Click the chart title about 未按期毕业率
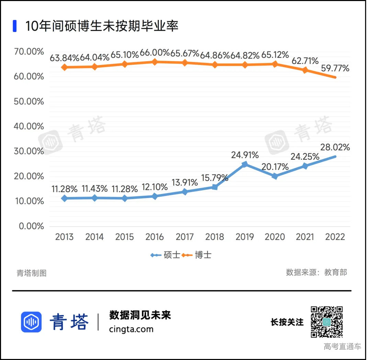[102, 26]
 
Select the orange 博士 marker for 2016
[155, 62]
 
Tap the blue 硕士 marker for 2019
[245, 164]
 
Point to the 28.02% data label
[335, 148]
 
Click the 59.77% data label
[335, 68]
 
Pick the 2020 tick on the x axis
[275, 237]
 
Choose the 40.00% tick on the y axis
[29, 127]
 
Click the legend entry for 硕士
[165, 255]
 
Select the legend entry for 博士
[196, 255]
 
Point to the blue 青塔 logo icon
[31, 322]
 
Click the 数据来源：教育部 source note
[316, 272]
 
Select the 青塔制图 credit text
[32, 273]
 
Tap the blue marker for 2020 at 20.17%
[275, 176]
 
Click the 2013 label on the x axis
[64, 237]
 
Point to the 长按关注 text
[287, 322]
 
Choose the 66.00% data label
[155, 53]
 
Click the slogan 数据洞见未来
[140, 315]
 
